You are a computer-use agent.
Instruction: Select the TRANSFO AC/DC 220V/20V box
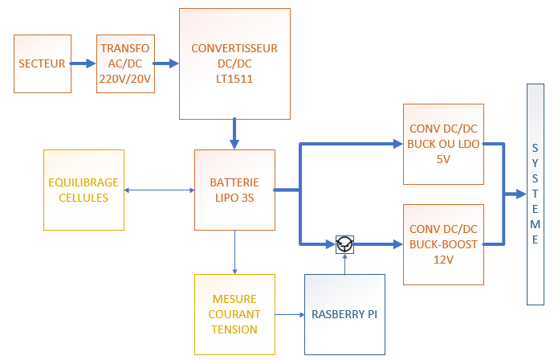(124, 63)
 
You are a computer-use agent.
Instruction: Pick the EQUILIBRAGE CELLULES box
(84, 190)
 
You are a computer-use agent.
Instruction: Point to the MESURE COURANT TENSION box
(234, 314)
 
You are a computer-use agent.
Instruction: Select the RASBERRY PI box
(344, 314)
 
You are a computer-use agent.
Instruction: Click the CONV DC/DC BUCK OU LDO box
(444, 144)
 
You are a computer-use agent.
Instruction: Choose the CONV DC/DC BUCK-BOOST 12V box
(444, 243)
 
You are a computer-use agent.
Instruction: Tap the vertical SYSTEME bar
(536, 194)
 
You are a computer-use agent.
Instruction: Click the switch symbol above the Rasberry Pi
(344, 243)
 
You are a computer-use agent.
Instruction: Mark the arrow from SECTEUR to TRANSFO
(81, 63)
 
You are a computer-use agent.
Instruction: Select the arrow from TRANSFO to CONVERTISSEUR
(166, 63)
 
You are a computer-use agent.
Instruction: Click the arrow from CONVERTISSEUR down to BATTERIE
(234, 133)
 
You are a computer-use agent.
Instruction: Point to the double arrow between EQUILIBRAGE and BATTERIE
(160, 190)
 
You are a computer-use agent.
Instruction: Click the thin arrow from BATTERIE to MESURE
(234, 252)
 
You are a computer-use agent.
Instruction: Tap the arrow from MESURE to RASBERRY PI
(290, 314)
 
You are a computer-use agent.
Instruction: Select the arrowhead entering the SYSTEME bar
(519, 194)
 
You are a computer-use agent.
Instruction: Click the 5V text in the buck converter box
(443, 158)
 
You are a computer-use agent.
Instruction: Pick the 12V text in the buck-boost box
(443, 259)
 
